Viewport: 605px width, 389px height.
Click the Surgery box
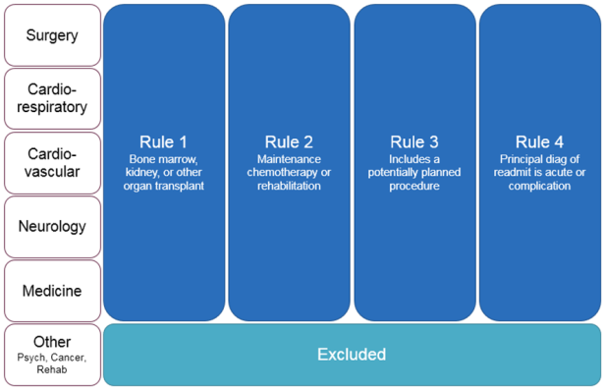[51, 35]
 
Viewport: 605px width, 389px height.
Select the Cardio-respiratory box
[51, 98]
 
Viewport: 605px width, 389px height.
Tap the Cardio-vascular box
[51, 162]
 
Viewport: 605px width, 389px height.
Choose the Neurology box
[51, 226]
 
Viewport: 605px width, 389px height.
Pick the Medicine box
[51, 291]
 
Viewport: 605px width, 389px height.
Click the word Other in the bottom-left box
[51, 340]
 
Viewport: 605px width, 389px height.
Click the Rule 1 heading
[164, 141]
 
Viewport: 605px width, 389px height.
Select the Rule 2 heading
[289, 141]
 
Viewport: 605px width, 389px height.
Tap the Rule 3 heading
[414, 141]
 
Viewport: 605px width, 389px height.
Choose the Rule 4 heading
[539, 141]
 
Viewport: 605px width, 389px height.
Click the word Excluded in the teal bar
[352, 354]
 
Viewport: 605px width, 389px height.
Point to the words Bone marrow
[164, 158]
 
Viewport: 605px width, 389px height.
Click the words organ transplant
[164, 186]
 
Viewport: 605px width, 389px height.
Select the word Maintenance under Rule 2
[289, 158]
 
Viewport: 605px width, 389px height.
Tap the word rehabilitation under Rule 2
[289, 186]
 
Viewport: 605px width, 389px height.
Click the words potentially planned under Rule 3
[414, 172]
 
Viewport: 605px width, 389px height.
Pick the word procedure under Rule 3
[414, 186]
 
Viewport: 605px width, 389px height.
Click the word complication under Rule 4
[539, 186]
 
